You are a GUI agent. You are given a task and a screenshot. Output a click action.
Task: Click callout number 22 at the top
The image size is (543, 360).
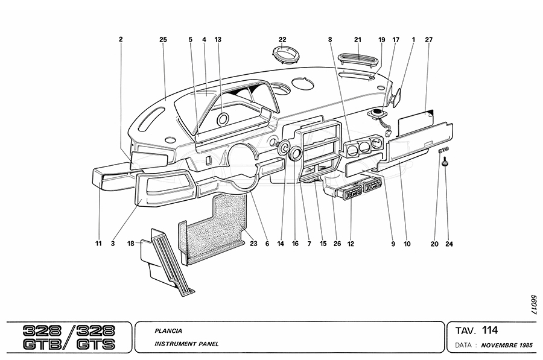tap(282, 40)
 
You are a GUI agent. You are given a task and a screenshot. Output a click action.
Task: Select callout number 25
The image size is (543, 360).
tap(162, 40)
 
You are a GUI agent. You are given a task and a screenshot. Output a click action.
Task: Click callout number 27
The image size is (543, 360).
tap(429, 40)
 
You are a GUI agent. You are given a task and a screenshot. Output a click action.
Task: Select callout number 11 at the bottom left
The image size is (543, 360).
tap(98, 244)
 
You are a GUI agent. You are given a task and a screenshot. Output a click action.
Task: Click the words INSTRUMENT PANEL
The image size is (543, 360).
tap(186, 344)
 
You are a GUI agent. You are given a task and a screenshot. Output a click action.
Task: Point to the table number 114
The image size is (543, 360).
tap(490, 330)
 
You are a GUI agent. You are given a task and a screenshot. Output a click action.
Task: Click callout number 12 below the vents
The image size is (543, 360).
tap(350, 244)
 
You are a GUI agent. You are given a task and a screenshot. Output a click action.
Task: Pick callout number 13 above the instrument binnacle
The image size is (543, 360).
tap(218, 40)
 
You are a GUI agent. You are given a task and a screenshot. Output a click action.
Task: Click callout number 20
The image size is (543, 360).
tap(434, 244)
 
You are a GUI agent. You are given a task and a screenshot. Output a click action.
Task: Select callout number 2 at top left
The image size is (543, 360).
tap(121, 40)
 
